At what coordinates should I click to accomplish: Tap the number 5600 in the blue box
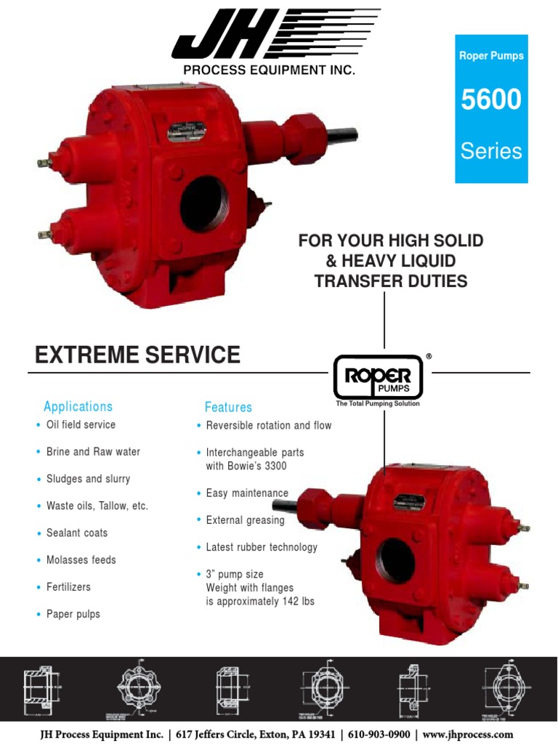click(491, 100)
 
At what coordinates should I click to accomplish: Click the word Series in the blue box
click(491, 151)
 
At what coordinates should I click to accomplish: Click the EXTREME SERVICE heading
click(137, 355)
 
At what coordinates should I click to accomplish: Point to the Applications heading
click(78, 407)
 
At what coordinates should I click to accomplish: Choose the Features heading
click(228, 408)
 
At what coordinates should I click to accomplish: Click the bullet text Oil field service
click(81, 425)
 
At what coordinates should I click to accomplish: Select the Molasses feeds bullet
click(81, 560)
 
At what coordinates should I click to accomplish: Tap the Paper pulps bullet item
click(73, 615)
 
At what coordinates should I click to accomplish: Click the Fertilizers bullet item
click(68, 587)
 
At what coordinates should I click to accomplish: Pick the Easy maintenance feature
click(247, 493)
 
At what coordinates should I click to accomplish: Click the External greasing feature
click(245, 520)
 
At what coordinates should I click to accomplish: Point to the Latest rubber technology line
click(262, 547)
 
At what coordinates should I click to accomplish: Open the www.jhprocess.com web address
click(468, 735)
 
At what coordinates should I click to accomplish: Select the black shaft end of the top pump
click(341, 134)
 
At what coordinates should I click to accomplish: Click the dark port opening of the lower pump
click(396, 560)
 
